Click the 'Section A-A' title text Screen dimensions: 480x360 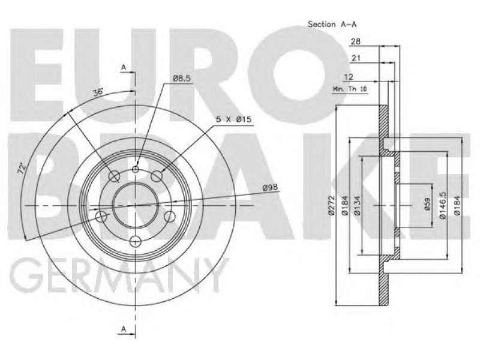332,24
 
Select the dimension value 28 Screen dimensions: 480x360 355,41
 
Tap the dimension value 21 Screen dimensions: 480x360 356,58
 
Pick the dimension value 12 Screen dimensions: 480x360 349,77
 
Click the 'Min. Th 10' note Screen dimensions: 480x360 350,89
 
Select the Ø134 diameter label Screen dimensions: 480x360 356,205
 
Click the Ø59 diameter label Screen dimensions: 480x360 428,205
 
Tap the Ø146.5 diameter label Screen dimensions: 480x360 442,205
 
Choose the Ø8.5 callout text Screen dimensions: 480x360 182,79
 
